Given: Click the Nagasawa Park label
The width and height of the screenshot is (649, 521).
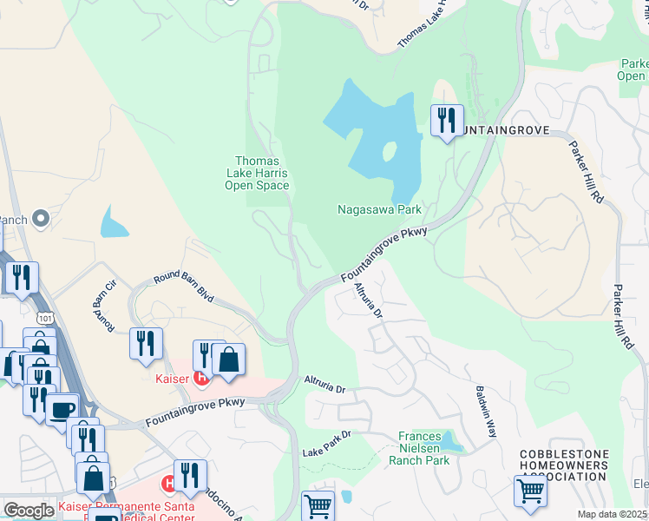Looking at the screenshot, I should point(378,210).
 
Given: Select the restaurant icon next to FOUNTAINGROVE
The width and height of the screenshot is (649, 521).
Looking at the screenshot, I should point(447,120).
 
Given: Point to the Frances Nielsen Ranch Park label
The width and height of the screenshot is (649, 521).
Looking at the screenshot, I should point(424,448).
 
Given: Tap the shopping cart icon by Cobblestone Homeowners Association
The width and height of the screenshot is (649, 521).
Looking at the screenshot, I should point(530,491).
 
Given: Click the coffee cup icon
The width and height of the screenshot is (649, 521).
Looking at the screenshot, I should point(62,409).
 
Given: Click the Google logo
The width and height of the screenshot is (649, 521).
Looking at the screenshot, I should point(29,511).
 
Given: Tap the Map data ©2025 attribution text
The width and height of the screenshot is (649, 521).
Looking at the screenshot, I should point(613,514).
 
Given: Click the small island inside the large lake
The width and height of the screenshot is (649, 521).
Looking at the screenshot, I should point(388,153).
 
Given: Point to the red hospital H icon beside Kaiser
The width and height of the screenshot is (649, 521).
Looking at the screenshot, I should point(201,378).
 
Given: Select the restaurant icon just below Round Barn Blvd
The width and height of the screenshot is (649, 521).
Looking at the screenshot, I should point(146,343).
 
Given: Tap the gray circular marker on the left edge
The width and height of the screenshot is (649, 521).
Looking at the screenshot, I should point(40,219).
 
